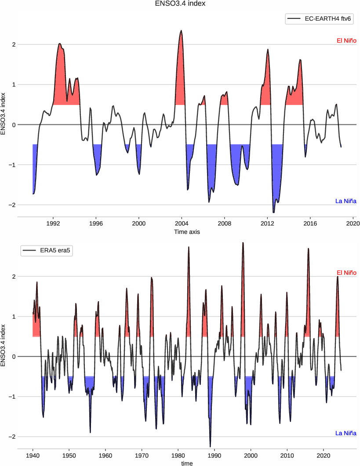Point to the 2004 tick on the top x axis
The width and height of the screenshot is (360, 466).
tap(182, 223)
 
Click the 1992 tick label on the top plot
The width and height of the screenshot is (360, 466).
tap(53, 223)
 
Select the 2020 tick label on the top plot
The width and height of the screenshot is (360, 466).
tap(353, 223)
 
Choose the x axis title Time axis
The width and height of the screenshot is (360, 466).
tap(187, 232)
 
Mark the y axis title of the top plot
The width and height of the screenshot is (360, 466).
tap(4, 113)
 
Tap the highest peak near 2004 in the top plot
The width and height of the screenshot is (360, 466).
tap(181, 31)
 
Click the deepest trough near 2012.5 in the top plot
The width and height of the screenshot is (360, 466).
tap(273, 213)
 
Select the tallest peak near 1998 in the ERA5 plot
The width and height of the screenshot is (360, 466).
tap(243, 242)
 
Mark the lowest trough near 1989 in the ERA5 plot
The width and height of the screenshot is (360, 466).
tap(210, 447)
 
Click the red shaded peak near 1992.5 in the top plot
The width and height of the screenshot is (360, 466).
tap(60, 44)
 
